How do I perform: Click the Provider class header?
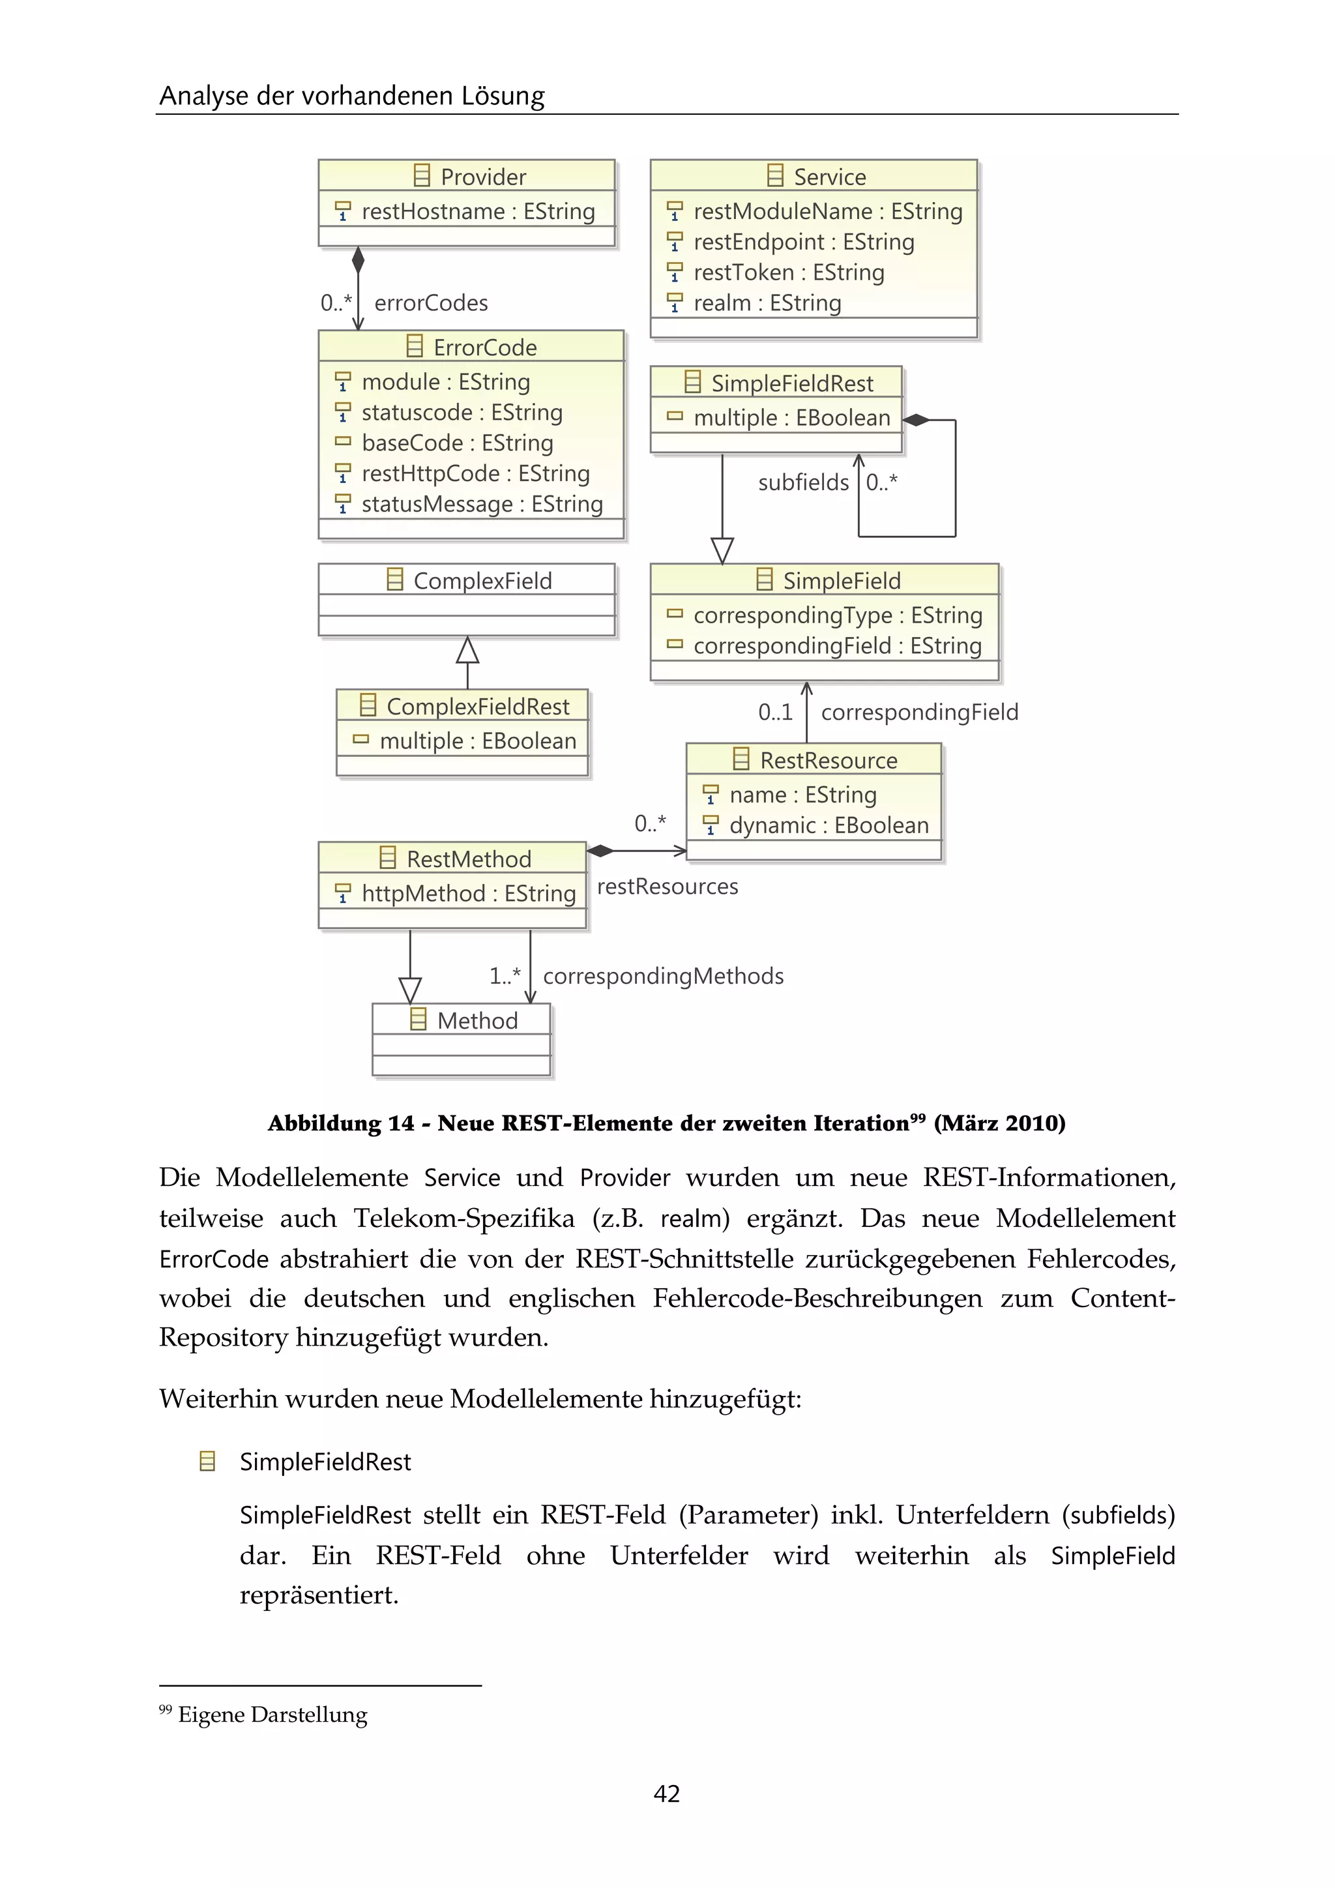[x=467, y=176]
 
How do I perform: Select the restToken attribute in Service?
[x=787, y=272]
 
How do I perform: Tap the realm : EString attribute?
[x=766, y=302]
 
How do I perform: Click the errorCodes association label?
[x=430, y=302]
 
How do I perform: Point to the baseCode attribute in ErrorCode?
[x=456, y=443]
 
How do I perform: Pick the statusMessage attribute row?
[x=481, y=503]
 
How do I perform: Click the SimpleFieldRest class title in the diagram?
[x=791, y=383]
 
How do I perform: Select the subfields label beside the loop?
[x=802, y=482]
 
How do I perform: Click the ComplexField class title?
[x=481, y=580]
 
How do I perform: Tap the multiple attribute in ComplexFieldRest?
[x=477, y=740]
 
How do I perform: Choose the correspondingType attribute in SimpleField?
[x=837, y=615]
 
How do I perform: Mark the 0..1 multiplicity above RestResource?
[x=774, y=711]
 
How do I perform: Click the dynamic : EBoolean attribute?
[x=828, y=825]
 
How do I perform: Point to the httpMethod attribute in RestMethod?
[x=468, y=893]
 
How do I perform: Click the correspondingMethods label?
[x=662, y=975]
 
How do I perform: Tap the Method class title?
[x=476, y=1020]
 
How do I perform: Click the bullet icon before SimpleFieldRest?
[x=207, y=1461]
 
